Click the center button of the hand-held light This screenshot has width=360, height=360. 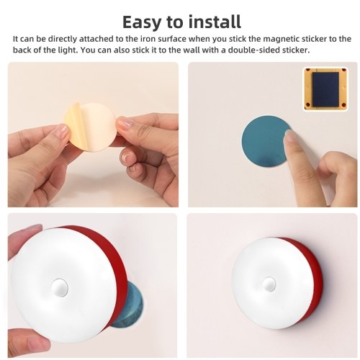click(x=60, y=287)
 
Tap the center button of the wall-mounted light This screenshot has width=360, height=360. click(x=269, y=284)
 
